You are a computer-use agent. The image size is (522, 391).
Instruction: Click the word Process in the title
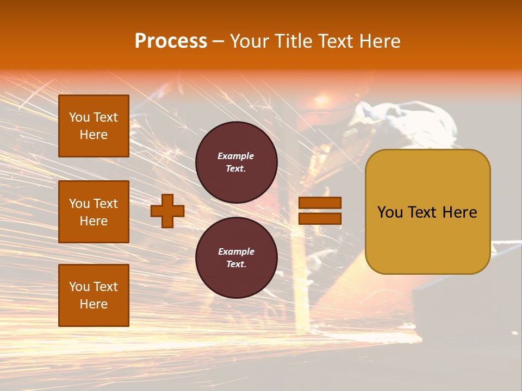[171, 41]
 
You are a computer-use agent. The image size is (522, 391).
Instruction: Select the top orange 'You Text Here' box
[94, 126]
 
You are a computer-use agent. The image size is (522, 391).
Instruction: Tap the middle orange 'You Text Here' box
[94, 212]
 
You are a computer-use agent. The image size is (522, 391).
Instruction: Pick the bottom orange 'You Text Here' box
[94, 295]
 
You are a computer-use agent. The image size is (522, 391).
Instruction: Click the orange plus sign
[167, 211]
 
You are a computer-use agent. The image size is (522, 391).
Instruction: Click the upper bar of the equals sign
[320, 203]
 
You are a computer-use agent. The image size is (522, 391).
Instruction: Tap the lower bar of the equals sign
[320, 218]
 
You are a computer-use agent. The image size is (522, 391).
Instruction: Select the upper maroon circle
[236, 162]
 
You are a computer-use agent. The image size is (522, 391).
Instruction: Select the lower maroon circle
[236, 258]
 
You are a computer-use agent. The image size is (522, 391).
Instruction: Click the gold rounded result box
[427, 211]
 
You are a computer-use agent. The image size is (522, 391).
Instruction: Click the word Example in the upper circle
[236, 156]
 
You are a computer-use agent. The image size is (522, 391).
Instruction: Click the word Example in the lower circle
[236, 252]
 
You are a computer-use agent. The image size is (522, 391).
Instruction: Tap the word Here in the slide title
[381, 41]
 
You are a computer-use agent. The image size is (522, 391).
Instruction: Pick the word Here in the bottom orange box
[94, 304]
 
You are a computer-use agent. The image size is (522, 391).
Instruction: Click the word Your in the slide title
[249, 41]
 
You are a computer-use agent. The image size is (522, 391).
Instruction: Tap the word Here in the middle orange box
[94, 221]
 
